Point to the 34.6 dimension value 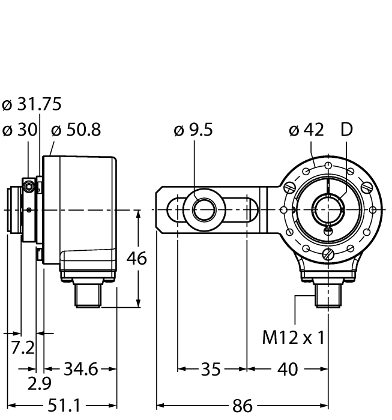[81, 369]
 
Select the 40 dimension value [288, 369]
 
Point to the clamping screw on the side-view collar [28, 188]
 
